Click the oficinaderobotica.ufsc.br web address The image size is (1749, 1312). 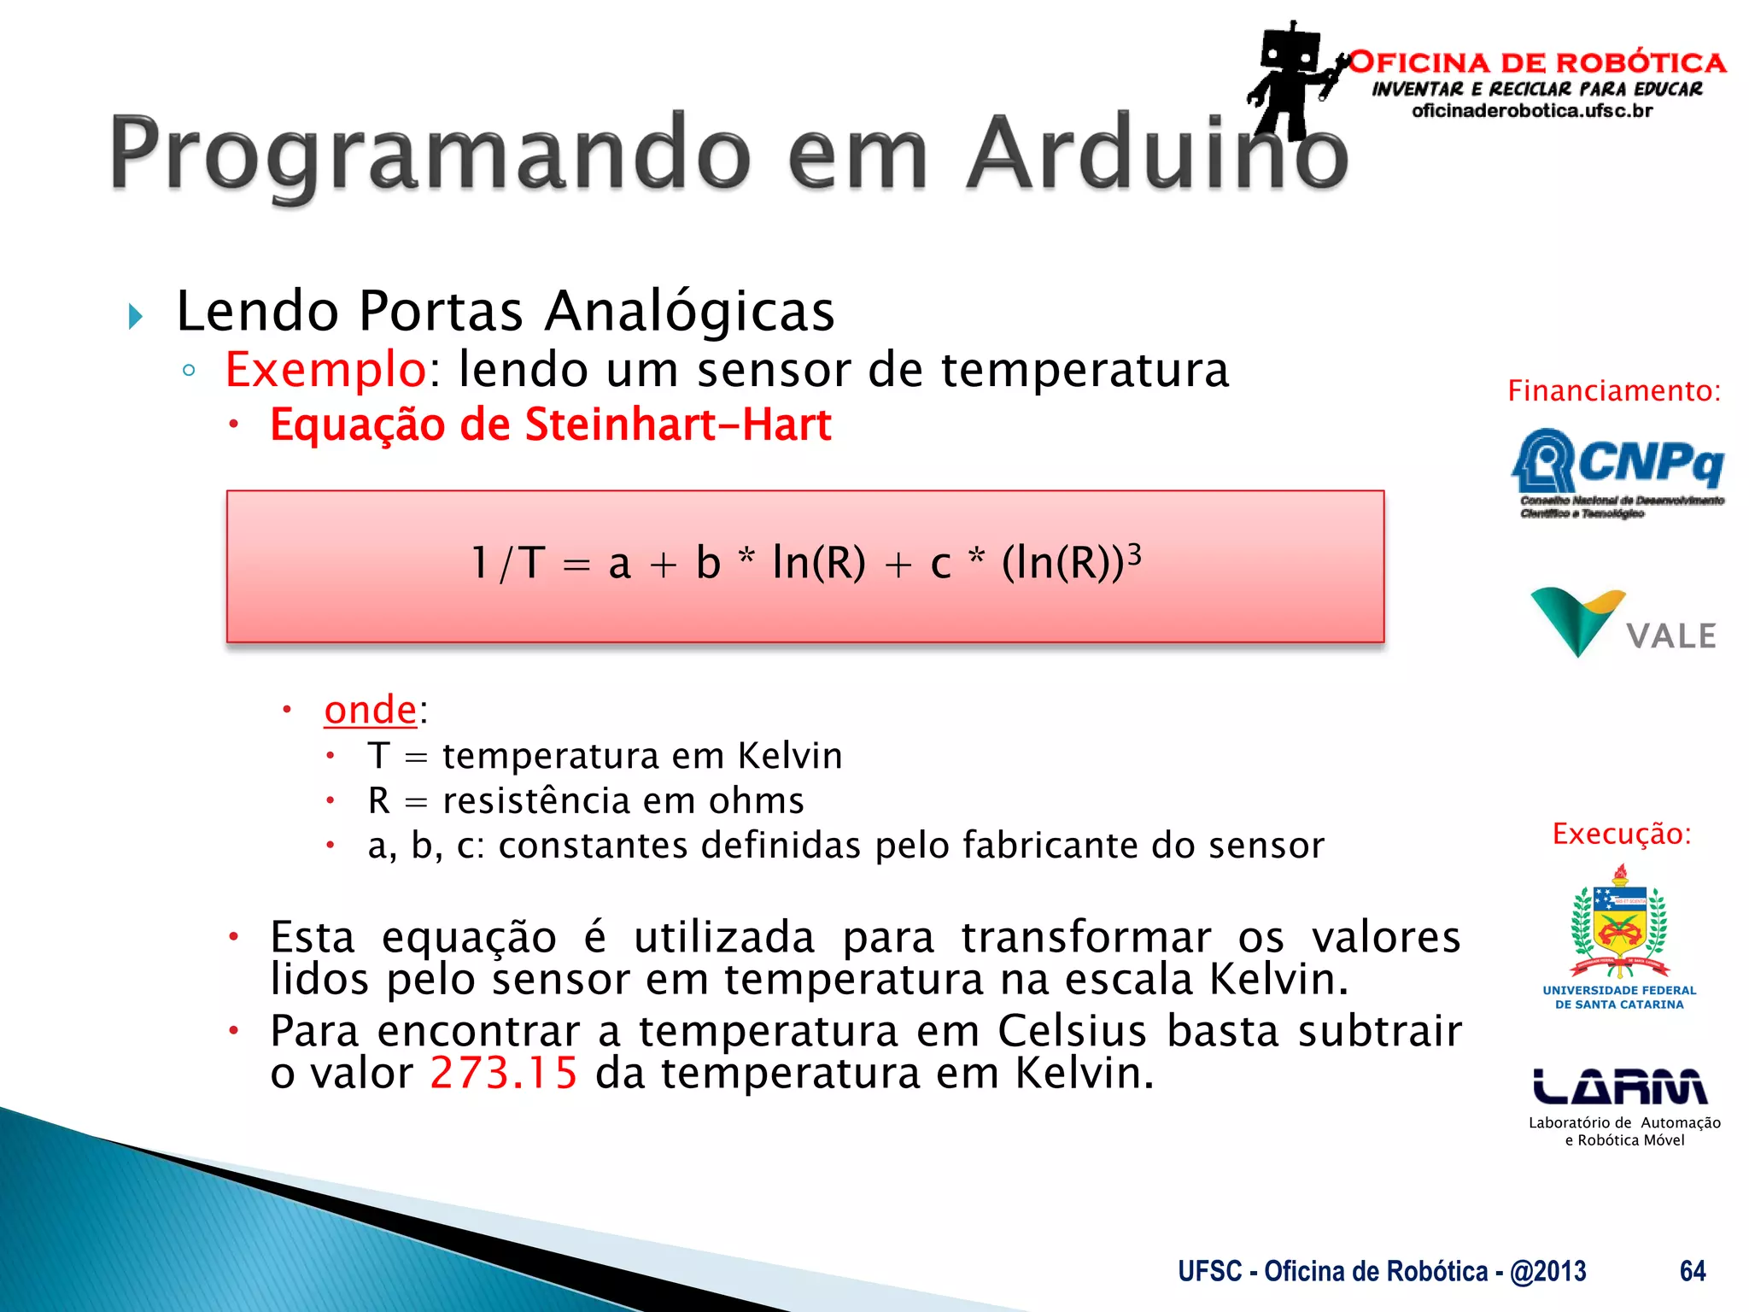click(x=1532, y=111)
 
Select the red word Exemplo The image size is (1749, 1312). click(x=325, y=369)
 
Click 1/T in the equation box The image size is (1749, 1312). click(x=508, y=563)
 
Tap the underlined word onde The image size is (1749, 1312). click(x=371, y=710)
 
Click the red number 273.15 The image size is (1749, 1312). click(x=504, y=1073)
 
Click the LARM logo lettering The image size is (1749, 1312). click(x=1620, y=1086)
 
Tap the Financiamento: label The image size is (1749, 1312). click(x=1613, y=391)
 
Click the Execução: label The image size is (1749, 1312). click(x=1621, y=834)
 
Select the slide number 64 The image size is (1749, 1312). click(x=1692, y=1271)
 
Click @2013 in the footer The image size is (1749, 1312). click(x=1547, y=1271)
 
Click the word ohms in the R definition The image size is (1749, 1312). click(x=756, y=801)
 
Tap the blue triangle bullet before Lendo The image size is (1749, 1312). click(x=135, y=317)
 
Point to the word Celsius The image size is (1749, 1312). click(x=1072, y=1031)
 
